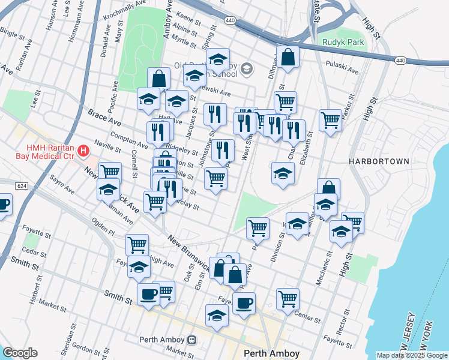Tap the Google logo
(x=20, y=353)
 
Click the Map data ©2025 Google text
(x=411, y=355)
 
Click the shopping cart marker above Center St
(x=288, y=298)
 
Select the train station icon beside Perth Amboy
(x=191, y=340)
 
